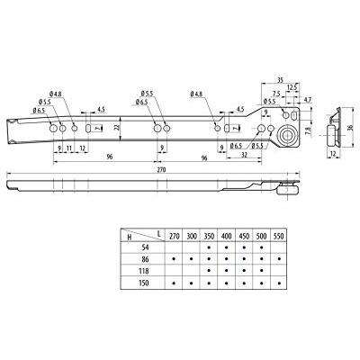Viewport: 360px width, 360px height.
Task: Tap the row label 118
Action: tap(134, 269)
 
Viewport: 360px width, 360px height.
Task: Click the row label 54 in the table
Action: tap(134, 244)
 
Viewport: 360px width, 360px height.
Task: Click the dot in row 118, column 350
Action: tap(208, 269)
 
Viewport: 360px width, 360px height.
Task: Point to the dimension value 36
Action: tap(348, 128)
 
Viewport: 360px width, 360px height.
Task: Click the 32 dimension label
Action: tap(246, 155)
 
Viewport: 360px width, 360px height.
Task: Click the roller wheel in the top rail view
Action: tap(290, 135)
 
